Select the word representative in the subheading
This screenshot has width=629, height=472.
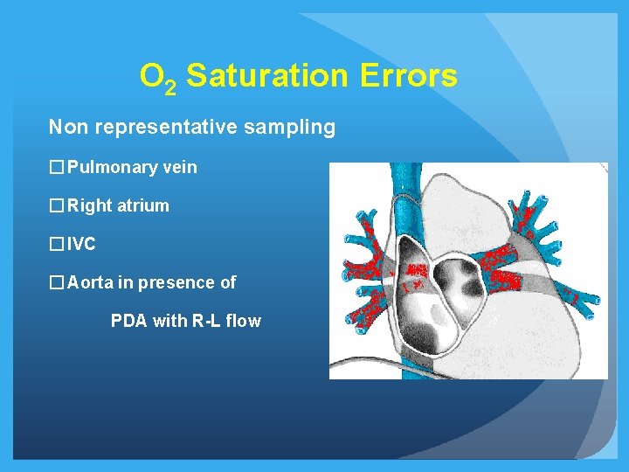[x=167, y=128]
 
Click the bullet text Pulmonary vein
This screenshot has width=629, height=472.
[x=132, y=167]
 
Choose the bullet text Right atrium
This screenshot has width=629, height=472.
[x=118, y=206]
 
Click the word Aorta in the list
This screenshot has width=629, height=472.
[x=90, y=283]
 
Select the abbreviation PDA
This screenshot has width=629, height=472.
[x=129, y=322]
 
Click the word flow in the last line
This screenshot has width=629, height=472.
[x=243, y=322]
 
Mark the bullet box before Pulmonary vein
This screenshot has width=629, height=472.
[x=57, y=167]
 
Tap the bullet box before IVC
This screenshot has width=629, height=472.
[x=57, y=245]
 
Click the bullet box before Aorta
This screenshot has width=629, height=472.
[x=57, y=283]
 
